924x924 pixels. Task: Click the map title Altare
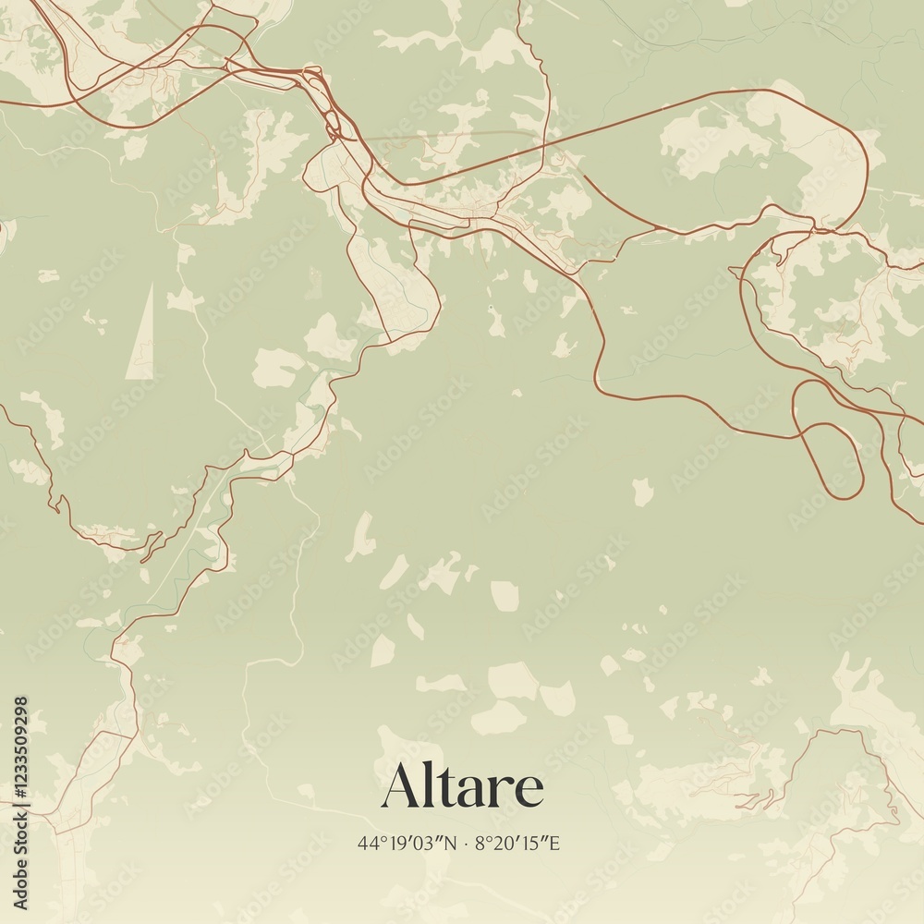(462, 787)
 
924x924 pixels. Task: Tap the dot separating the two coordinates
(467, 843)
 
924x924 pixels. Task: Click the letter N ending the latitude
(450, 843)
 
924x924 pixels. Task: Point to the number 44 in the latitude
(366, 843)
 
